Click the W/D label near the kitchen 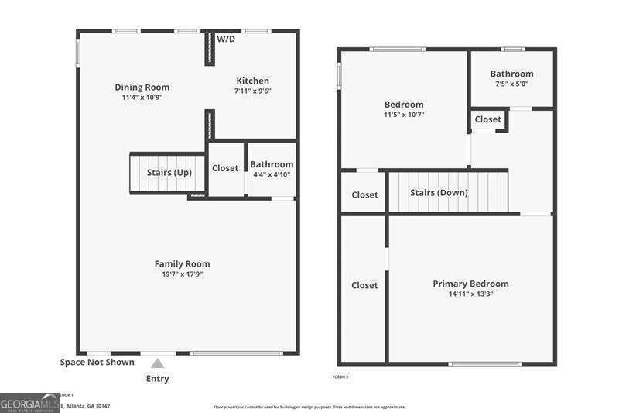click(226, 39)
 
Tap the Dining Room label click(142, 87)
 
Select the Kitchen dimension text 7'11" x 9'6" click(252, 91)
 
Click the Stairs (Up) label click(169, 172)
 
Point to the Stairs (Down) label click(439, 192)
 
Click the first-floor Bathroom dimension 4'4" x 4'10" click(271, 174)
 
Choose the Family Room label click(182, 263)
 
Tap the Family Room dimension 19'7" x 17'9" click(182, 274)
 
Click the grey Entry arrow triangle click(157, 363)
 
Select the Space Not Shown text click(97, 362)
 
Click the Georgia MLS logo click(29, 404)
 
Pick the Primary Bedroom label click(470, 284)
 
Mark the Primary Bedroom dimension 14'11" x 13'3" click(470, 294)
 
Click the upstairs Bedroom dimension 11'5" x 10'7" click(404, 115)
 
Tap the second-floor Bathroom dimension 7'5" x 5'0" click(511, 84)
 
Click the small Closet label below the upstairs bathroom click(488, 119)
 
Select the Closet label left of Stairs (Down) click(364, 194)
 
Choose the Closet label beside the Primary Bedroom click(364, 285)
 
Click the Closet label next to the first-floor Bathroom click(225, 168)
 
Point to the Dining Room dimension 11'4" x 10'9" click(142, 98)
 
